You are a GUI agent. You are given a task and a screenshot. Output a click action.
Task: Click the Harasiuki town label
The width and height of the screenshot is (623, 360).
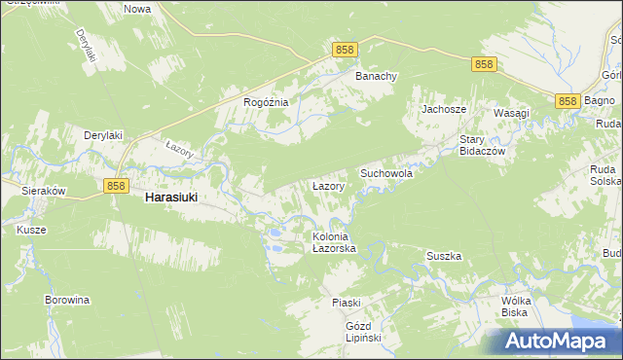[x=170, y=197]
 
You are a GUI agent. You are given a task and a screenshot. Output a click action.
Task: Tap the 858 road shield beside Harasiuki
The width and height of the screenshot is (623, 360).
[x=115, y=185]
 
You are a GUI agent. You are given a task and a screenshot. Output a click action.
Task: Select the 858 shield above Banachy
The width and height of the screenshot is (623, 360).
[x=344, y=49]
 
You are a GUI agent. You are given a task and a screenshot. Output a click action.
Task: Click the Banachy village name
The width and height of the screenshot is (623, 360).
[x=375, y=76]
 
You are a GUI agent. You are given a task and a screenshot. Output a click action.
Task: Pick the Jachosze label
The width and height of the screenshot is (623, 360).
[x=441, y=109]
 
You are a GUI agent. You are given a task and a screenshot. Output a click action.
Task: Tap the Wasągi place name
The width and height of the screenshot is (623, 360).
[x=511, y=113]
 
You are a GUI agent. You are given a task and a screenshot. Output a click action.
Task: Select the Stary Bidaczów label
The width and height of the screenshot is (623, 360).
[x=479, y=145]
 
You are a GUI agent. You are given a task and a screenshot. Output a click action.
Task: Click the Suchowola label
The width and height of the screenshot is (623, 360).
[x=386, y=172]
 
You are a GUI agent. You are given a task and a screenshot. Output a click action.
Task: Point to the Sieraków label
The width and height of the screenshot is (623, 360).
[x=43, y=192]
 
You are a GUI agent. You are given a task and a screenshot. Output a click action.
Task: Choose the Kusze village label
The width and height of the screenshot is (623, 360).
[x=31, y=230]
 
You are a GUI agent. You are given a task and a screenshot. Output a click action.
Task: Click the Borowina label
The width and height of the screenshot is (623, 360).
[x=67, y=300]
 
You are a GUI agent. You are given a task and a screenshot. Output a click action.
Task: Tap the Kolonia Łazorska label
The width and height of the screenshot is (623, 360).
[x=335, y=243]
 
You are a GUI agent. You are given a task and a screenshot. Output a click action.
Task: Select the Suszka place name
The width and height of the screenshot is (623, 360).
[x=443, y=256]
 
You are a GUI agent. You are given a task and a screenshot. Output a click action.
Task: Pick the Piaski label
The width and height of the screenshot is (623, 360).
[x=346, y=303]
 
